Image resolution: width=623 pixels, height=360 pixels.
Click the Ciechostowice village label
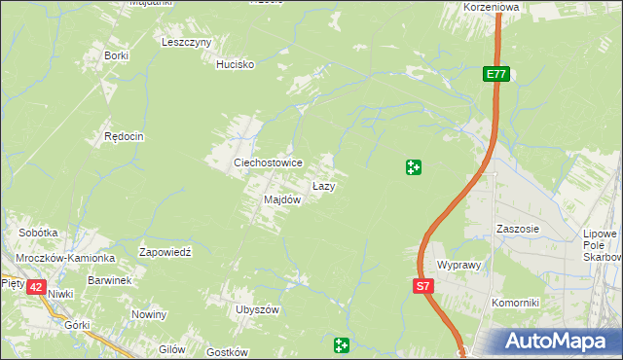click(267, 162)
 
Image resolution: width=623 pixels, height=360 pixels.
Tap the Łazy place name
click(324, 185)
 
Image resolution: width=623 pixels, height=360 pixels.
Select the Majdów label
click(282, 199)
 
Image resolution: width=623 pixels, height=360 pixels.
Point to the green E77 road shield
click(495, 74)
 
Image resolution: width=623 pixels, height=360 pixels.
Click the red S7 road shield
click(422, 286)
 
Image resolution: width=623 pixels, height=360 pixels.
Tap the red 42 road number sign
click(36, 287)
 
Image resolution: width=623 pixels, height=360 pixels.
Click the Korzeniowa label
click(493, 6)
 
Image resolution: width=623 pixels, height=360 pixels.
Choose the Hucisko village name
click(235, 64)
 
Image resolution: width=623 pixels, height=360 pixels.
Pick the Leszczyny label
click(187, 42)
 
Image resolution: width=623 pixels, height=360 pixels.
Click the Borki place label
click(117, 55)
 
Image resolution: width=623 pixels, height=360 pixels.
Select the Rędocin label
click(124, 137)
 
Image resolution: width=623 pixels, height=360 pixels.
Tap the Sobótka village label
click(39, 234)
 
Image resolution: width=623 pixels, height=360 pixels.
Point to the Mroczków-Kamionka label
click(65, 258)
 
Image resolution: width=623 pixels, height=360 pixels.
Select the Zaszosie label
click(517, 230)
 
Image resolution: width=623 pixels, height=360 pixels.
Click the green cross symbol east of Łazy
click(413, 167)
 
